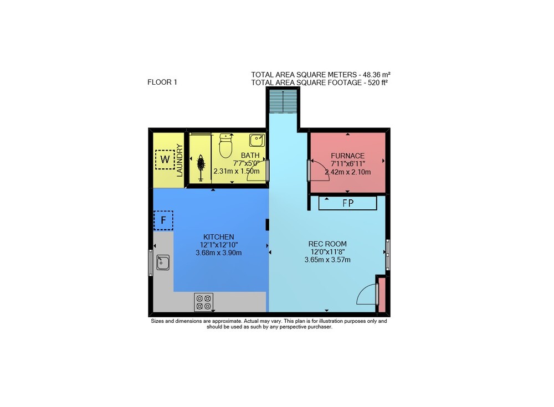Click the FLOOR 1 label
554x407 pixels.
(162, 83)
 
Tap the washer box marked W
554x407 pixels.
(165, 159)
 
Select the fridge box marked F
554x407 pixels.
(163, 220)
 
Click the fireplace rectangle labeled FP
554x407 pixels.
(348, 203)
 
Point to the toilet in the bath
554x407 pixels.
(225, 146)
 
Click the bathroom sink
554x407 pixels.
(257, 140)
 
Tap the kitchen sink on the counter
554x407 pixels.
(163, 262)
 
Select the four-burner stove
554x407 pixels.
(203, 302)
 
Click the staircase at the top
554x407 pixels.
(283, 101)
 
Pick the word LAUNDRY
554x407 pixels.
(179, 161)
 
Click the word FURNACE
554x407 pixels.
(348, 156)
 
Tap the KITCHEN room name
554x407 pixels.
(219, 237)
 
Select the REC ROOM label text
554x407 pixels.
(327, 244)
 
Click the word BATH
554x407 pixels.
(250, 156)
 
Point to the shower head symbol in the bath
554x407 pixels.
(201, 168)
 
